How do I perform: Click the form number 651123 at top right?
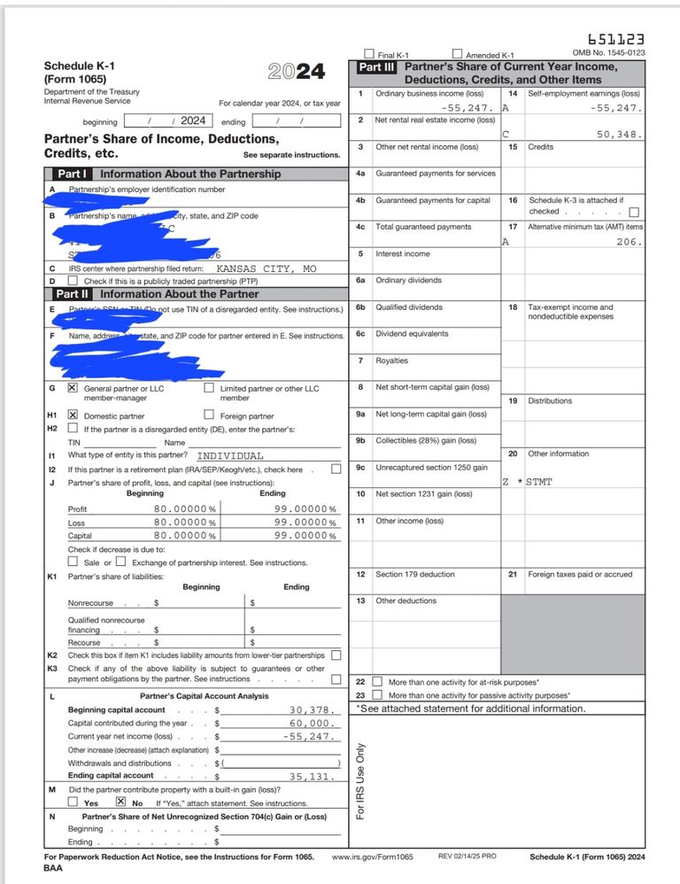click(x=616, y=39)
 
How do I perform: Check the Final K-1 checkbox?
click(x=369, y=54)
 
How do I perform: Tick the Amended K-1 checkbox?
click(x=458, y=54)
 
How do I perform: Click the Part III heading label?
click(x=377, y=67)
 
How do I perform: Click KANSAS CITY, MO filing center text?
click(x=267, y=268)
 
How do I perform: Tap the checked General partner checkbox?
click(x=73, y=388)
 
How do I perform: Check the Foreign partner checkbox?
click(x=209, y=415)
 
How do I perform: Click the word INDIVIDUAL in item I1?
click(x=229, y=455)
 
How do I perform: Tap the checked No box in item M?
click(x=121, y=803)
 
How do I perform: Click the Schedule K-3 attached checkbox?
click(x=633, y=212)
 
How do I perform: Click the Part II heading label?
click(x=72, y=294)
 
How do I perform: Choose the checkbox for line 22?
click(x=377, y=682)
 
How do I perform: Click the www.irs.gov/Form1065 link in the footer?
click(x=373, y=857)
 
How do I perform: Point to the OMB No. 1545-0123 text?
click(x=609, y=53)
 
